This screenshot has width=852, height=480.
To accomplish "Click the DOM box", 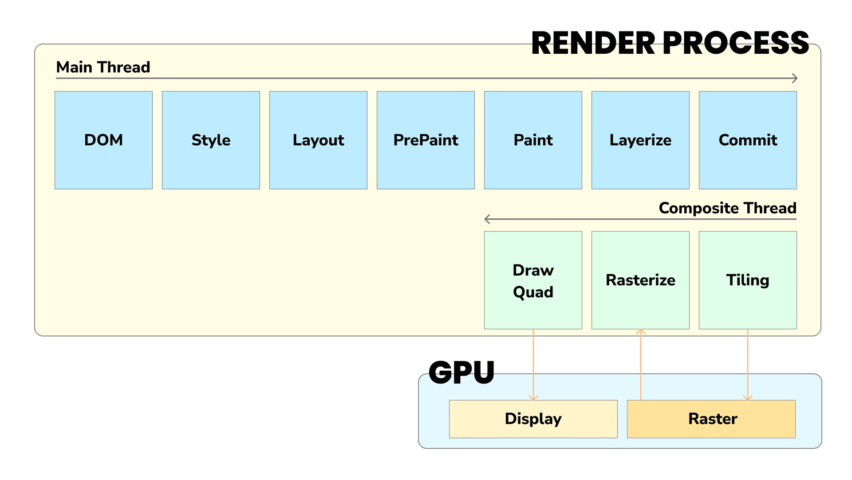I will [103, 140].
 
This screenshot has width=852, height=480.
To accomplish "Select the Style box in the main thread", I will [211, 140].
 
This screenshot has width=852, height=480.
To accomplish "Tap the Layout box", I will [318, 140].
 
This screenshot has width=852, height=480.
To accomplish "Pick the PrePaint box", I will [426, 140].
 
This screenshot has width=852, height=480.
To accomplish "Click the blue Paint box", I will [533, 140].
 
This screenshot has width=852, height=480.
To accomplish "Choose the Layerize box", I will [640, 140].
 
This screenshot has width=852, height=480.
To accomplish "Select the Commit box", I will [748, 140].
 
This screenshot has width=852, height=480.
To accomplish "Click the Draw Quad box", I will [533, 280].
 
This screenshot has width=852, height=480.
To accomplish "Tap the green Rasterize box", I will [640, 280].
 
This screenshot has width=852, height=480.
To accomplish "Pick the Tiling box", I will [748, 280].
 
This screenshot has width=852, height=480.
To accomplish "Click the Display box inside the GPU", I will [533, 419].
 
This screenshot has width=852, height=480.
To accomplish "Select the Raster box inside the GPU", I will [711, 419].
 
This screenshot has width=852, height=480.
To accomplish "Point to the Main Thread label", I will [103, 67].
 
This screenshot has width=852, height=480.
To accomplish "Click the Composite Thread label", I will [727, 208].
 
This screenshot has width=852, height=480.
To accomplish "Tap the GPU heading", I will [461, 372].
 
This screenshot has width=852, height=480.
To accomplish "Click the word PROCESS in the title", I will [736, 43].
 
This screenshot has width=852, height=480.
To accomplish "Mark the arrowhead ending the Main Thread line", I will [795, 78].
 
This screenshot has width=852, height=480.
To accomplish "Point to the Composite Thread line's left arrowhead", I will [487, 219].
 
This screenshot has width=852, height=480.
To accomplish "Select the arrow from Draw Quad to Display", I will [533, 364].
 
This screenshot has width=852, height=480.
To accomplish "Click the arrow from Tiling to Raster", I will [748, 364].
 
